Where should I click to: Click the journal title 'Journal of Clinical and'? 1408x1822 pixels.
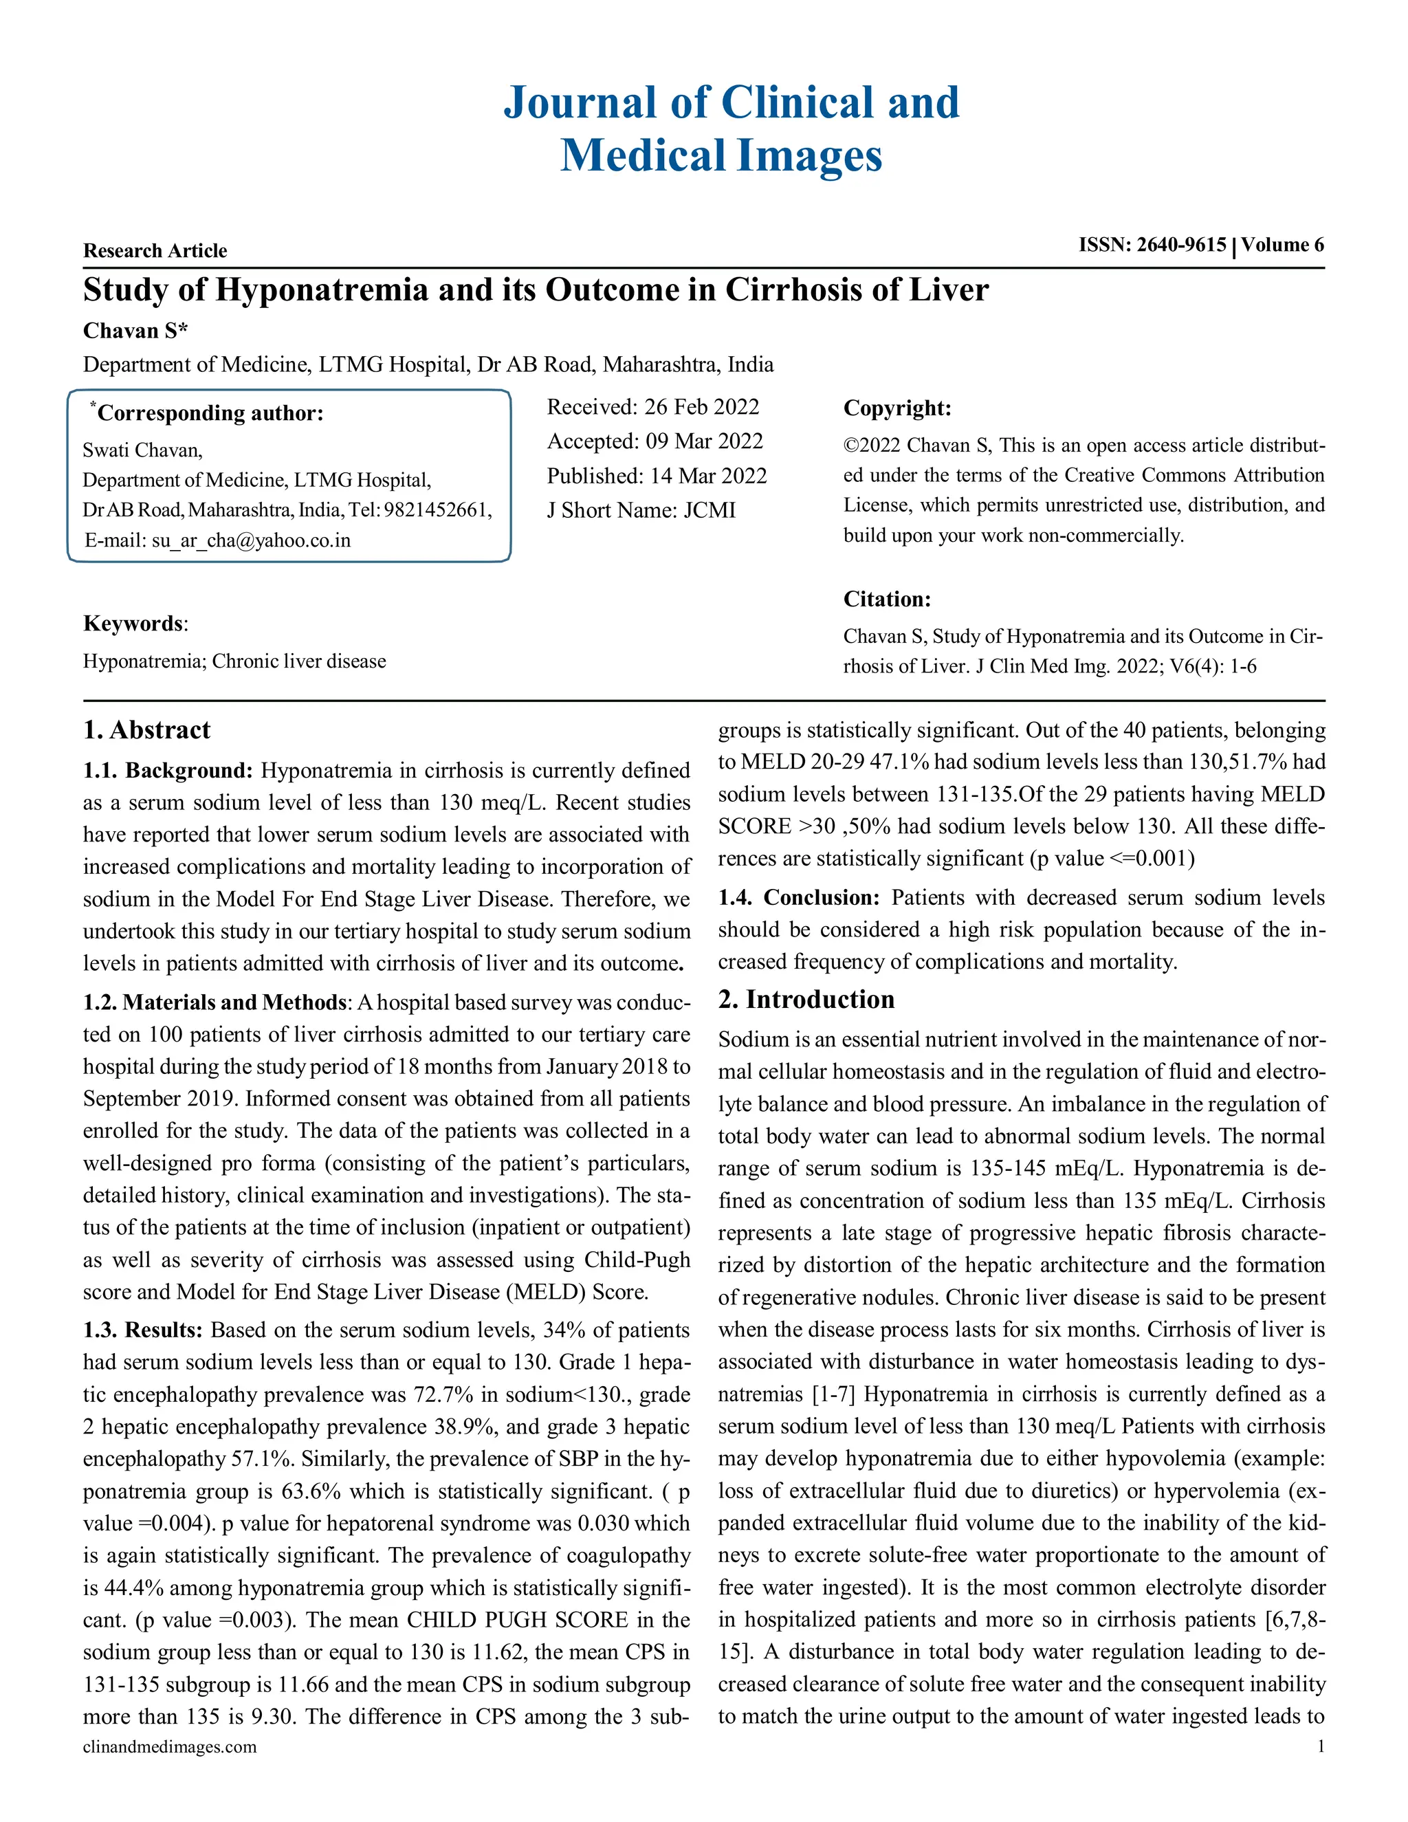[x=731, y=103]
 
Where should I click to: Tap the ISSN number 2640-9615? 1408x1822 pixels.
[x=1181, y=245]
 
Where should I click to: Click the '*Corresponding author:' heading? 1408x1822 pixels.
[x=208, y=413]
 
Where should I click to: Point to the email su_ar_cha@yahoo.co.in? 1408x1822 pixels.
[x=250, y=540]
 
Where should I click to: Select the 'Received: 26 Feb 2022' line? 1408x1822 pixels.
[x=652, y=407]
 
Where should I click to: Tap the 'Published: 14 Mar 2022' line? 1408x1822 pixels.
[x=657, y=476]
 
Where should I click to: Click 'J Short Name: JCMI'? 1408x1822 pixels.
[x=641, y=509]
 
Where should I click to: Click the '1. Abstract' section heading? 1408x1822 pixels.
[x=147, y=730]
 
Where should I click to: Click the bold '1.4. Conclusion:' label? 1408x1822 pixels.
[x=798, y=898]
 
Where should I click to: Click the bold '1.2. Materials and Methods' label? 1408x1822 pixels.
[x=214, y=1002]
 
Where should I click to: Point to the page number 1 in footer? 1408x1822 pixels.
[x=1321, y=1746]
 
